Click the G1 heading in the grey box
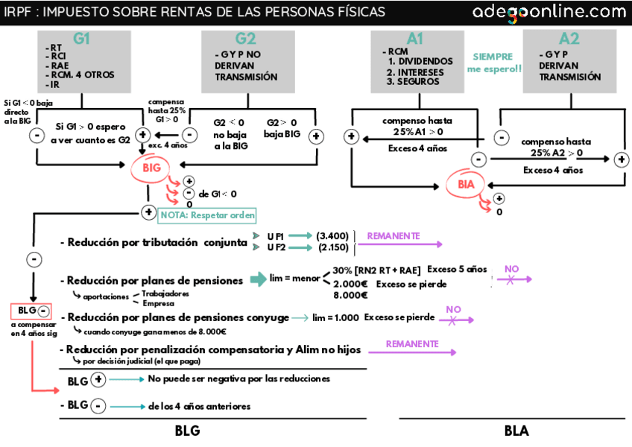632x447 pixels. tap(81, 39)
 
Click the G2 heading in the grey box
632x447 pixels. tap(245, 39)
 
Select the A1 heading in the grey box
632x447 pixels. tap(415, 39)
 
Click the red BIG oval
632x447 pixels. tap(151, 169)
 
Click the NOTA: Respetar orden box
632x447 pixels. tap(207, 215)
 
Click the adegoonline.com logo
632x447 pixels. tap(549, 12)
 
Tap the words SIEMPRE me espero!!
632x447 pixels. tap(494, 63)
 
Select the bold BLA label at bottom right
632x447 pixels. tap(517, 431)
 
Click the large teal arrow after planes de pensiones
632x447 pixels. tap(258, 279)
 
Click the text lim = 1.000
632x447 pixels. tap(335, 317)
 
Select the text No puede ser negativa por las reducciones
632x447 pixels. tap(238, 379)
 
